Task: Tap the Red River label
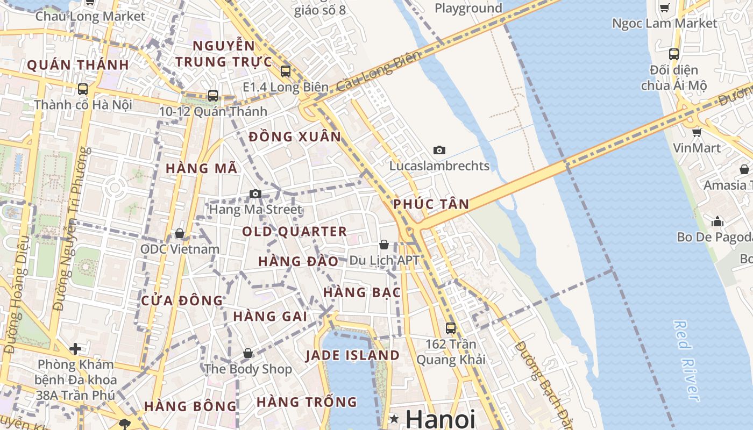[687, 360]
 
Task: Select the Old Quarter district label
[294, 232]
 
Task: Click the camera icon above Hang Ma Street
[255, 193]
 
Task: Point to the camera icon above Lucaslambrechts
[439, 150]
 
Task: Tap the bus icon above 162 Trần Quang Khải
[451, 327]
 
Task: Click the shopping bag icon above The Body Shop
[248, 353]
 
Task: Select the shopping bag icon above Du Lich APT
[384, 245]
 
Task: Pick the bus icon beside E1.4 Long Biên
[286, 71]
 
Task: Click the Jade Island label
[352, 355]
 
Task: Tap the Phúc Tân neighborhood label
[431, 204]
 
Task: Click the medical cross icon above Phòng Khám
[75, 349]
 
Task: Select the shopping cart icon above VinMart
[697, 132]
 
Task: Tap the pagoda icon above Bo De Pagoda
[718, 221]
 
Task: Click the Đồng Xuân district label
[295, 137]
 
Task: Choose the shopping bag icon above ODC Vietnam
[180, 233]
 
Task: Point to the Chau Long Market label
[90, 16]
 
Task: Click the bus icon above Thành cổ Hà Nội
[83, 89]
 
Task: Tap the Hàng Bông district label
[190, 406]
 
